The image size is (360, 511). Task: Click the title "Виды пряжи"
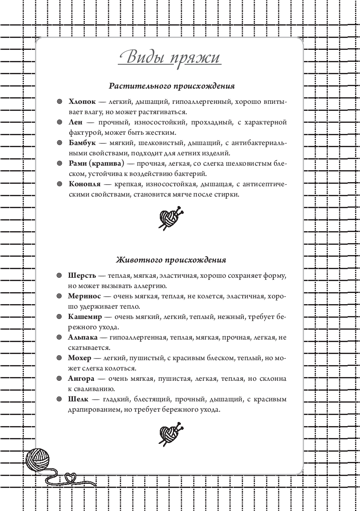(170, 57)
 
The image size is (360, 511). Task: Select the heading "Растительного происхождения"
(172, 86)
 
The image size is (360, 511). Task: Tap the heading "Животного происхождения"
(171, 260)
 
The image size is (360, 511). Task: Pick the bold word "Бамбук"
(82, 143)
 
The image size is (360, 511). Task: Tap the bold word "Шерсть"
(82, 275)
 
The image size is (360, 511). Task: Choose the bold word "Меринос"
(84, 296)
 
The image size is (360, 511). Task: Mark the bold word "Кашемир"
(86, 316)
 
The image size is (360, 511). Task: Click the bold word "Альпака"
(84, 338)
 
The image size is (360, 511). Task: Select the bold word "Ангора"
(82, 378)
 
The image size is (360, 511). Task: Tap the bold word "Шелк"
(77, 399)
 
